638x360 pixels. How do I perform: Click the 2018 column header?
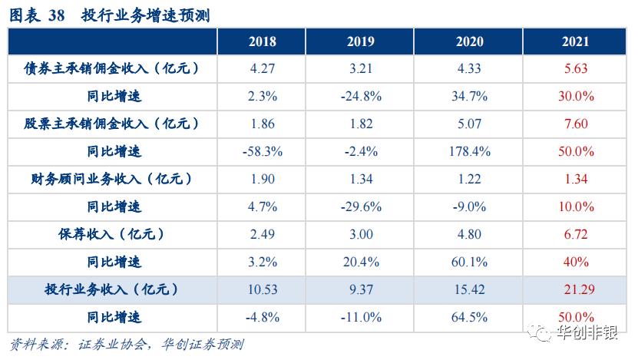[x=263, y=42]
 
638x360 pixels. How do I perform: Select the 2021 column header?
[x=575, y=42]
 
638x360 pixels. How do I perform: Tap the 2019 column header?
[x=361, y=42]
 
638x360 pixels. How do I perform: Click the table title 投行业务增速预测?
[x=145, y=15]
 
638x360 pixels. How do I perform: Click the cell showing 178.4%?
[x=468, y=151]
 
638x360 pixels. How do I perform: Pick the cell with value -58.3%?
[x=263, y=151]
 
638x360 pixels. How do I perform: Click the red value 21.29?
[x=575, y=289]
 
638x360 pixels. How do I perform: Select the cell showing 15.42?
[x=468, y=289]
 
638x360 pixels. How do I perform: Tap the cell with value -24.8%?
[x=361, y=96]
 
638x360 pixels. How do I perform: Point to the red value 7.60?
[x=575, y=124]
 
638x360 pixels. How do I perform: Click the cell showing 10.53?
[x=263, y=289]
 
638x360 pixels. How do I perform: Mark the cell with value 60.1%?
[x=468, y=262]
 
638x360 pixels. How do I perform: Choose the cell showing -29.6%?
[x=361, y=206]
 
